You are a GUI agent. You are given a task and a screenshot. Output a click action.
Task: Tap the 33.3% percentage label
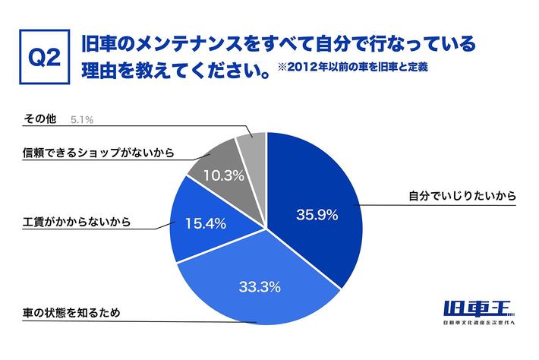pos(261,287)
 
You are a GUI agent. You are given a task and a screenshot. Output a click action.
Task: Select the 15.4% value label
pos(205,223)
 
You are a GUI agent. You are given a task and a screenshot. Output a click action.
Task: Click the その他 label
pos(38,119)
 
